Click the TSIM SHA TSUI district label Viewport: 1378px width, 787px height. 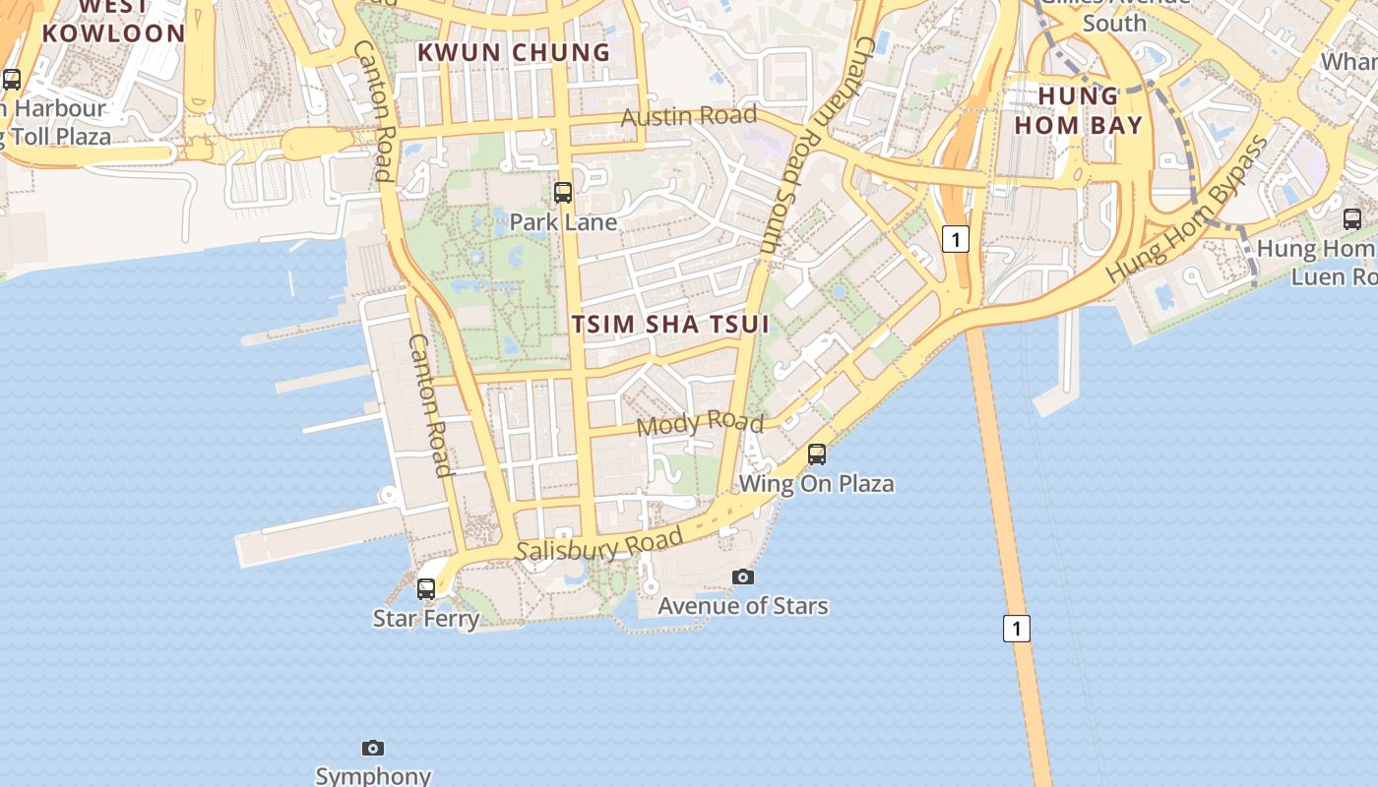click(x=670, y=324)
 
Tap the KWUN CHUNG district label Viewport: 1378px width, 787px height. click(x=514, y=52)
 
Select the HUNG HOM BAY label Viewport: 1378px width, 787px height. click(x=1079, y=110)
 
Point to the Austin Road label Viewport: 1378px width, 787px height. click(x=689, y=116)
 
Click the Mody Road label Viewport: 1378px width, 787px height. click(x=700, y=424)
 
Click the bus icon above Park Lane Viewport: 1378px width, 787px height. click(x=563, y=193)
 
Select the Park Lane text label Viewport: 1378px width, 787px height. click(x=563, y=222)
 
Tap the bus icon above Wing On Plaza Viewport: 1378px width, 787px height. click(x=817, y=454)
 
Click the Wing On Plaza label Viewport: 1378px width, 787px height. click(x=817, y=483)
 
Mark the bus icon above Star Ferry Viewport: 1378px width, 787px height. click(x=426, y=589)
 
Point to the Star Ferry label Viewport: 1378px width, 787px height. click(x=426, y=619)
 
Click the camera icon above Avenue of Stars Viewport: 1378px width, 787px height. click(x=743, y=577)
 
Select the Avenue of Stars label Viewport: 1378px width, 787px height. click(x=743, y=606)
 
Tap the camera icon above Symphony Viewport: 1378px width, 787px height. click(x=373, y=749)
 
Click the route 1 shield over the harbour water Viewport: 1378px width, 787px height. click(x=1017, y=628)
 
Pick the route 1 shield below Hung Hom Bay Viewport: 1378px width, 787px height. click(x=956, y=239)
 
